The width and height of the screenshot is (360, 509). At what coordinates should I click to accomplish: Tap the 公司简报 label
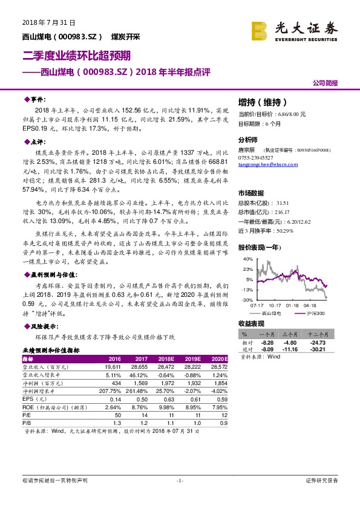pyautogui.click(x=325, y=83)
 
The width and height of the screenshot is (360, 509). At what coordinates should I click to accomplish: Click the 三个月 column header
pyautogui.click(x=289, y=334)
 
